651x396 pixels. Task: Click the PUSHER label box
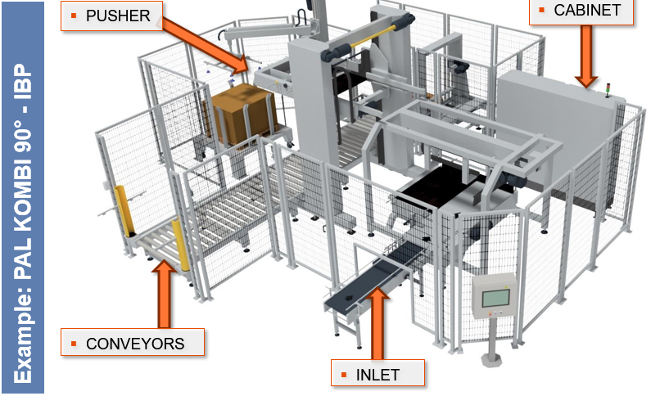(x=112, y=16)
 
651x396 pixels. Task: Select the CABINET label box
(x=581, y=11)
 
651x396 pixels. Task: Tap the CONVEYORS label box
(x=133, y=343)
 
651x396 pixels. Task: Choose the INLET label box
(x=377, y=375)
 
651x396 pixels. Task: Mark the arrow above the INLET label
(x=377, y=322)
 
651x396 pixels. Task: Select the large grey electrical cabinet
(x=557, y=123)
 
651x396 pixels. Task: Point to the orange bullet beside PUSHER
(x=74, y=16)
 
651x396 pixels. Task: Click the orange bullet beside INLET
(x=344, y=376)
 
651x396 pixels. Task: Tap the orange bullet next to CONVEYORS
(x=74, y=344)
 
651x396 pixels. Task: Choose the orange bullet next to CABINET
(x=542, y=11)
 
